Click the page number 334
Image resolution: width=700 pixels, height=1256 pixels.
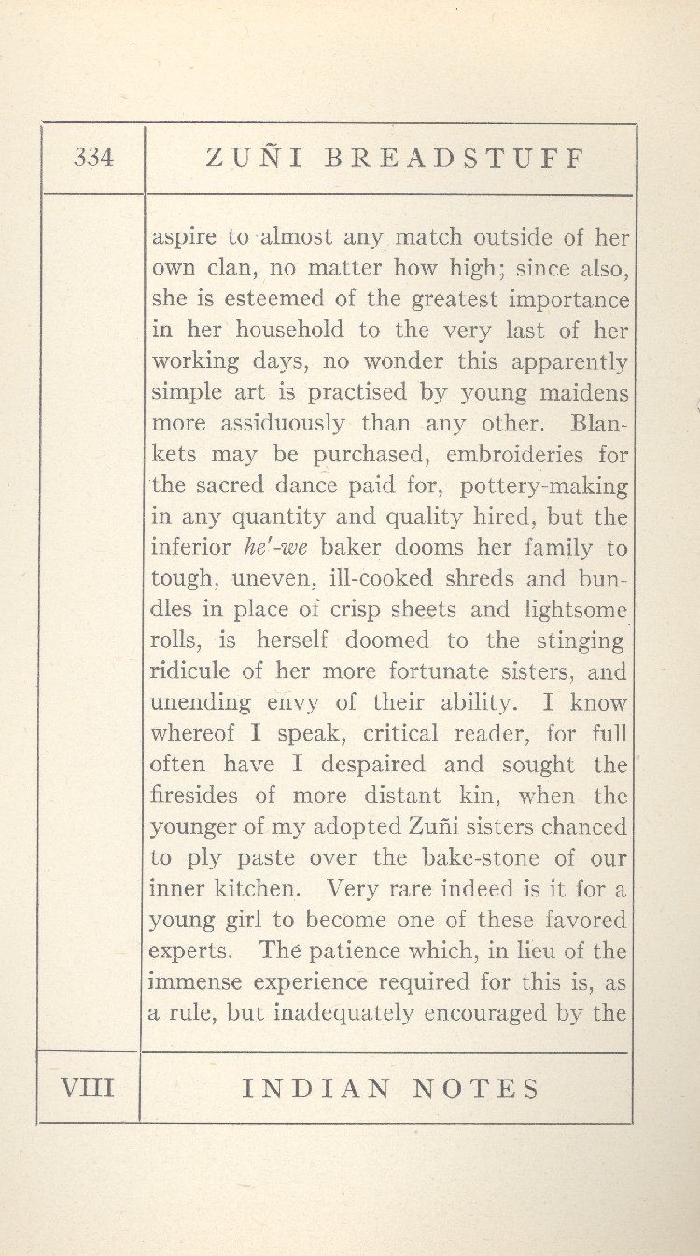point(93,159)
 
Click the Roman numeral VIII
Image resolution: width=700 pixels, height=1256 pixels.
point(87,1088)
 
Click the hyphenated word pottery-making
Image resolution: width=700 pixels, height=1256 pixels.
point(545,487)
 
